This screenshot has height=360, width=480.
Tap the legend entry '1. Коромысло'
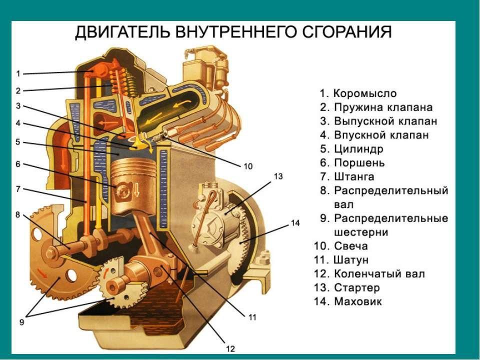pos(358,93)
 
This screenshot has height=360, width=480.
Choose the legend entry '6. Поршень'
pos(352,163)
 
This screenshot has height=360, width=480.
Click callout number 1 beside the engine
pos(18,73)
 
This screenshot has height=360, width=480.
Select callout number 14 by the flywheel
pos(295,223)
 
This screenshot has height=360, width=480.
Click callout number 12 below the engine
pos(230,348)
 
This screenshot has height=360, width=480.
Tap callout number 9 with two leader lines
pos(21,322)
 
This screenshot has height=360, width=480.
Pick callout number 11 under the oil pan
pos(251,316)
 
